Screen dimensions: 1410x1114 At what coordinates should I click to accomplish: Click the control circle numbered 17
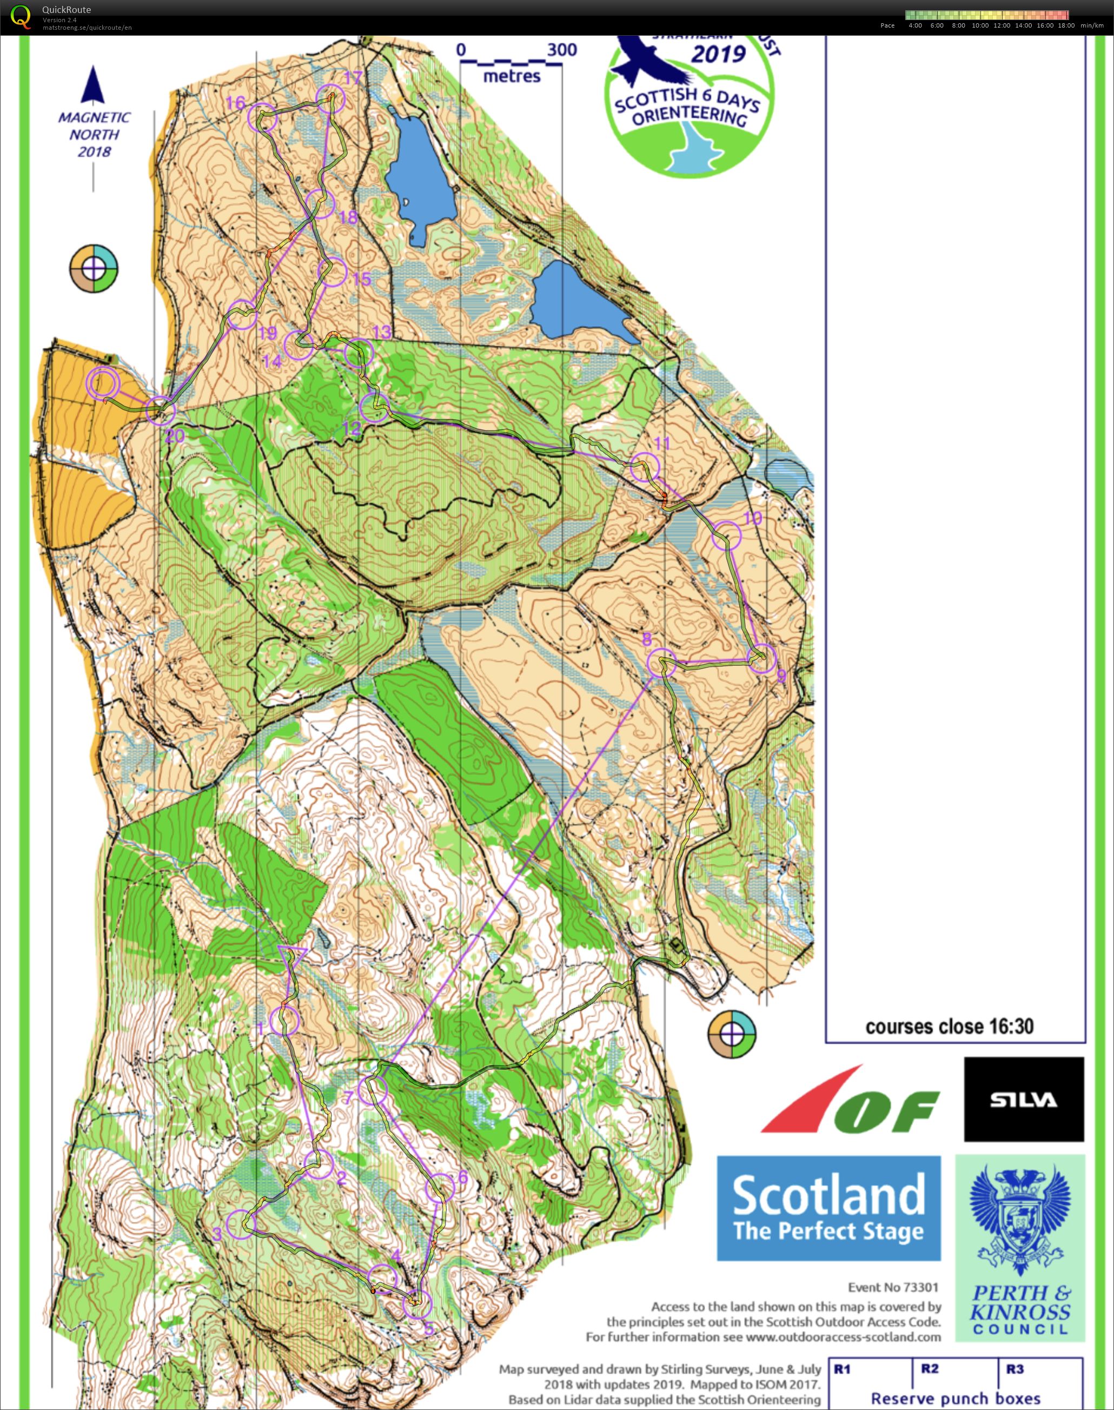click(x=329, y=98)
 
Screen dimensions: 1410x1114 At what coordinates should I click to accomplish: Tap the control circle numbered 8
click(x=661, y=663)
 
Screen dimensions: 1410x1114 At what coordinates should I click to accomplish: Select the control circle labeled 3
click(x=241, y=1224)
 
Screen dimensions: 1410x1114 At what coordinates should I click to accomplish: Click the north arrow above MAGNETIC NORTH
click(x=92, y=85)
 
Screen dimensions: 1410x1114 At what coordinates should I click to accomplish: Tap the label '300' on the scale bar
click(x=561, y=50)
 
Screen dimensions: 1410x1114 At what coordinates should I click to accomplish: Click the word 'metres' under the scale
click(x=512, y=76)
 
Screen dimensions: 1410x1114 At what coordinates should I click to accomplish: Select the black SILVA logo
click(x=1023, y=1100)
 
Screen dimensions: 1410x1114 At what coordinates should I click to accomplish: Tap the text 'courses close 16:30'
click(x=949, y=1027)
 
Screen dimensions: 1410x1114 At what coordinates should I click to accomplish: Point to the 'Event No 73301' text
click(x=892, y=1287)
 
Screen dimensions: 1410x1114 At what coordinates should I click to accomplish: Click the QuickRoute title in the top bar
click(x=66, y=10)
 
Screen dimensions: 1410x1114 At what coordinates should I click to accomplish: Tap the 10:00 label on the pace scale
click(x=980, y=25)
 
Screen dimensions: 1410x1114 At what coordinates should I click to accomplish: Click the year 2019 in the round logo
click(x=718, y=54)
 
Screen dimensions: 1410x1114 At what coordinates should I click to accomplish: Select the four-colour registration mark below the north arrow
click(x=94, y=268)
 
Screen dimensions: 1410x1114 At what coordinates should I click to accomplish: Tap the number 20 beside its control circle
click(x=174, y=435)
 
